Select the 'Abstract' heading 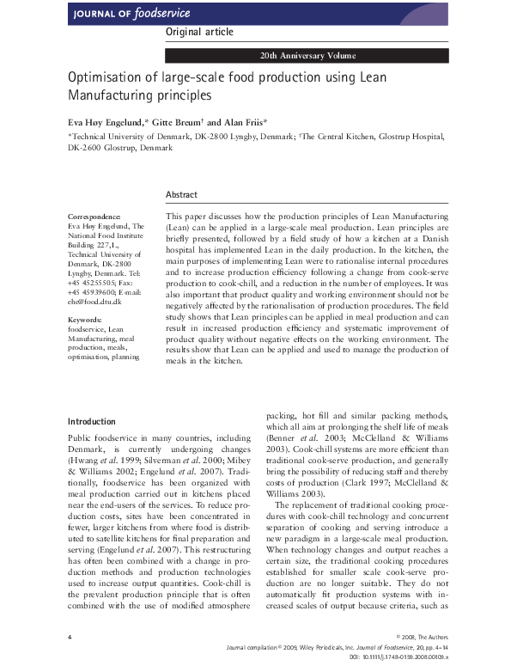(181, 195)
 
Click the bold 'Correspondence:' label (94, 216)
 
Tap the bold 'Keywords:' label (85, 321)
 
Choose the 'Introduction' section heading (91, 422)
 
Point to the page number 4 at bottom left (69, 636)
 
